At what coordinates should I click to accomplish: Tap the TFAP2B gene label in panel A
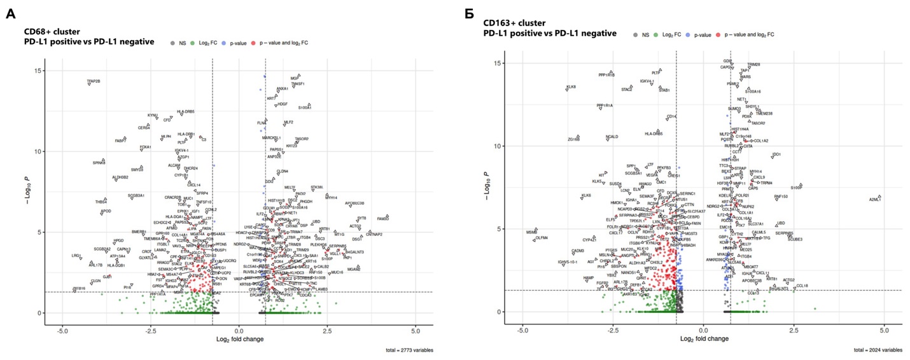coord(94,81)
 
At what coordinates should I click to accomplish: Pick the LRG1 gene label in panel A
coord(76,256)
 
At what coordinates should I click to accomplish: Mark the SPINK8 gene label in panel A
coord(99,163)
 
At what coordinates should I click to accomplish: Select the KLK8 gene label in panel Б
coord(571,87)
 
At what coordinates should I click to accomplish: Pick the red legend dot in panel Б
coord(718,34)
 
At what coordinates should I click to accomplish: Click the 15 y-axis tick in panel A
coord(39,71)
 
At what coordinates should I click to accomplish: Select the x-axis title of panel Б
coord(703,338)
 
